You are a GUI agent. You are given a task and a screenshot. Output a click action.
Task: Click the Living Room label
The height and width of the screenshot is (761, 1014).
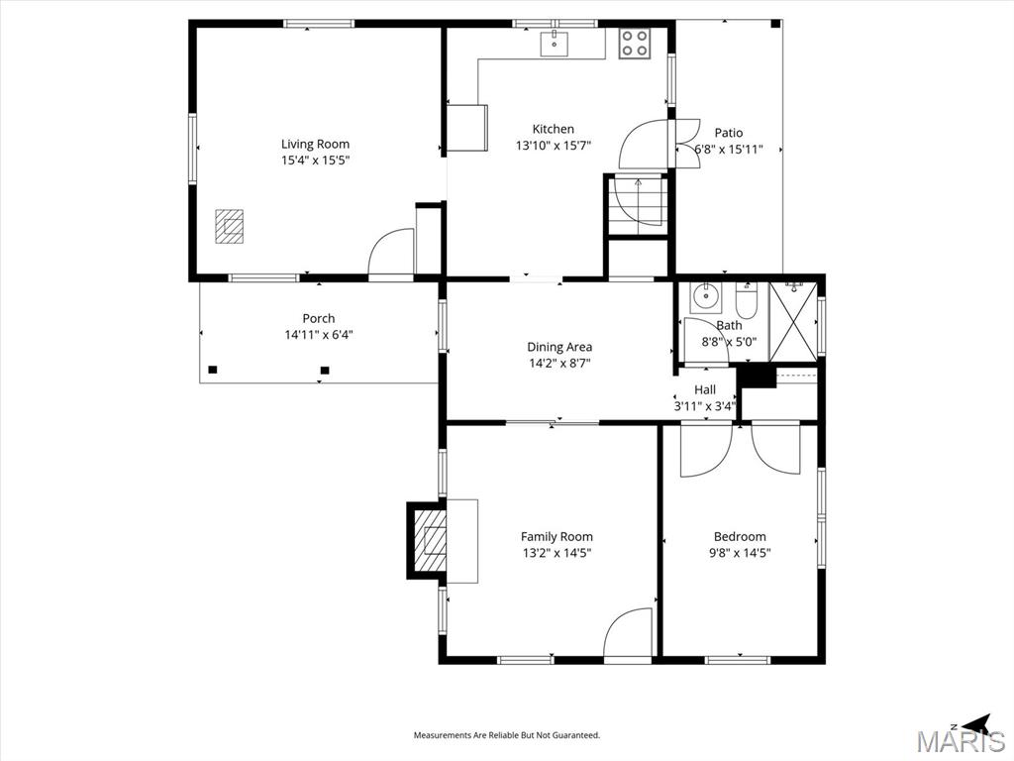(315, 145)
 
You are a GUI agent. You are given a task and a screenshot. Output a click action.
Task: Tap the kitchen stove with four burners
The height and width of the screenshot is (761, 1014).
(634, 44)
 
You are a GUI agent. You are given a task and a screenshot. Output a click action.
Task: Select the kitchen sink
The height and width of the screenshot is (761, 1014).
(555, 44)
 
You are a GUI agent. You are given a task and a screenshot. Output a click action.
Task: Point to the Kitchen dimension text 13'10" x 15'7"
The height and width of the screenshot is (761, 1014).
(554, 146)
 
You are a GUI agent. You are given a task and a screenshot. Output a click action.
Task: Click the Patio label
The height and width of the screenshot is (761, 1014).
(729, 133)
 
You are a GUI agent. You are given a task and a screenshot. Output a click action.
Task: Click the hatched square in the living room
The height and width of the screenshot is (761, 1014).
(229, 226)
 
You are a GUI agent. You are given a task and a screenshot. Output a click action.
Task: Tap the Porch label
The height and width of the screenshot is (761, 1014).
(319, 318)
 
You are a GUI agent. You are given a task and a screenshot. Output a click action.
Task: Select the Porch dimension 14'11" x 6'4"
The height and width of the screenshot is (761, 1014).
(319, 335)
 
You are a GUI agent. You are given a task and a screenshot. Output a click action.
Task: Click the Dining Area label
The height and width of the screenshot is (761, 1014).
(559, 347)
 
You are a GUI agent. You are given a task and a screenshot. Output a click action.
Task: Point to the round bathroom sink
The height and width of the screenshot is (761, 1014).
(704, 297)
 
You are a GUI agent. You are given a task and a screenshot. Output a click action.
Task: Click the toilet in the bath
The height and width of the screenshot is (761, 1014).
(747, 301)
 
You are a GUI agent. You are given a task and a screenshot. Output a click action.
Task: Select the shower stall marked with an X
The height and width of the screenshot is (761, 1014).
(793, 321)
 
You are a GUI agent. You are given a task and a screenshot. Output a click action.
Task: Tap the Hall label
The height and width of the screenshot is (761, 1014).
(705, 389)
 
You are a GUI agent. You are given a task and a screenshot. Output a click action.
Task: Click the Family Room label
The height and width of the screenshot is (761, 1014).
(557, 536)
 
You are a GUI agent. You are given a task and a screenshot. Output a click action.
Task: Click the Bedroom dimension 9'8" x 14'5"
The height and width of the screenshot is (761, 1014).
(740, 553)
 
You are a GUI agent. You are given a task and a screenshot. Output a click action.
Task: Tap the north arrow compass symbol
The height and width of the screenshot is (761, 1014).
(976, 722)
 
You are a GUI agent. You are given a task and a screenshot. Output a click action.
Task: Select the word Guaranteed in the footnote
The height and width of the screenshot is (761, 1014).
(577, 736)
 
